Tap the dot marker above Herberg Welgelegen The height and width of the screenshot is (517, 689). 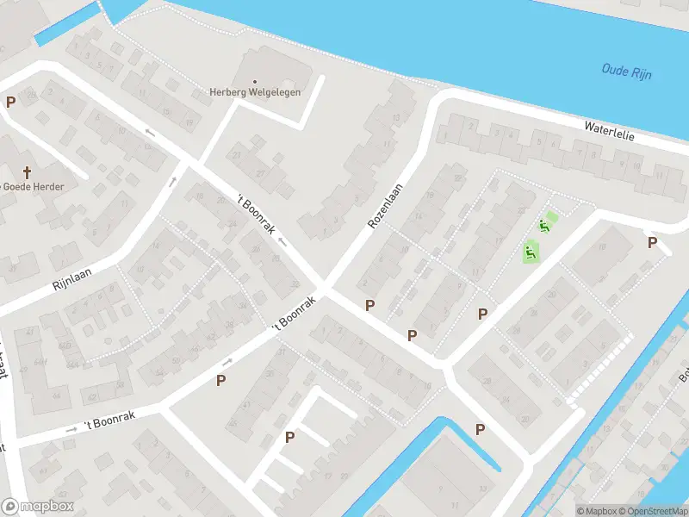(253, 82)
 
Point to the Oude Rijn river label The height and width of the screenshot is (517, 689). (626, 72)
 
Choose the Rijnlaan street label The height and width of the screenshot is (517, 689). (71, 278)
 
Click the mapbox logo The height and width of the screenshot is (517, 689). (38, 507)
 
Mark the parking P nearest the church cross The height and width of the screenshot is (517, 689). (11, 102)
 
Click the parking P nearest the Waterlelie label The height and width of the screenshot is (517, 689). (652, 242)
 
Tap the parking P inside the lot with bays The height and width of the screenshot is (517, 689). (289, 437)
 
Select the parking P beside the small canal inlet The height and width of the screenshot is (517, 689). (480, 429)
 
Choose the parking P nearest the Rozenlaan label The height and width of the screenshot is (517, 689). (370, 304)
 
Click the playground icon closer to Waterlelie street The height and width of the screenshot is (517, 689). (544, 227)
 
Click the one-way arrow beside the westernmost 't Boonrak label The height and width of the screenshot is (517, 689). (71, 428)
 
